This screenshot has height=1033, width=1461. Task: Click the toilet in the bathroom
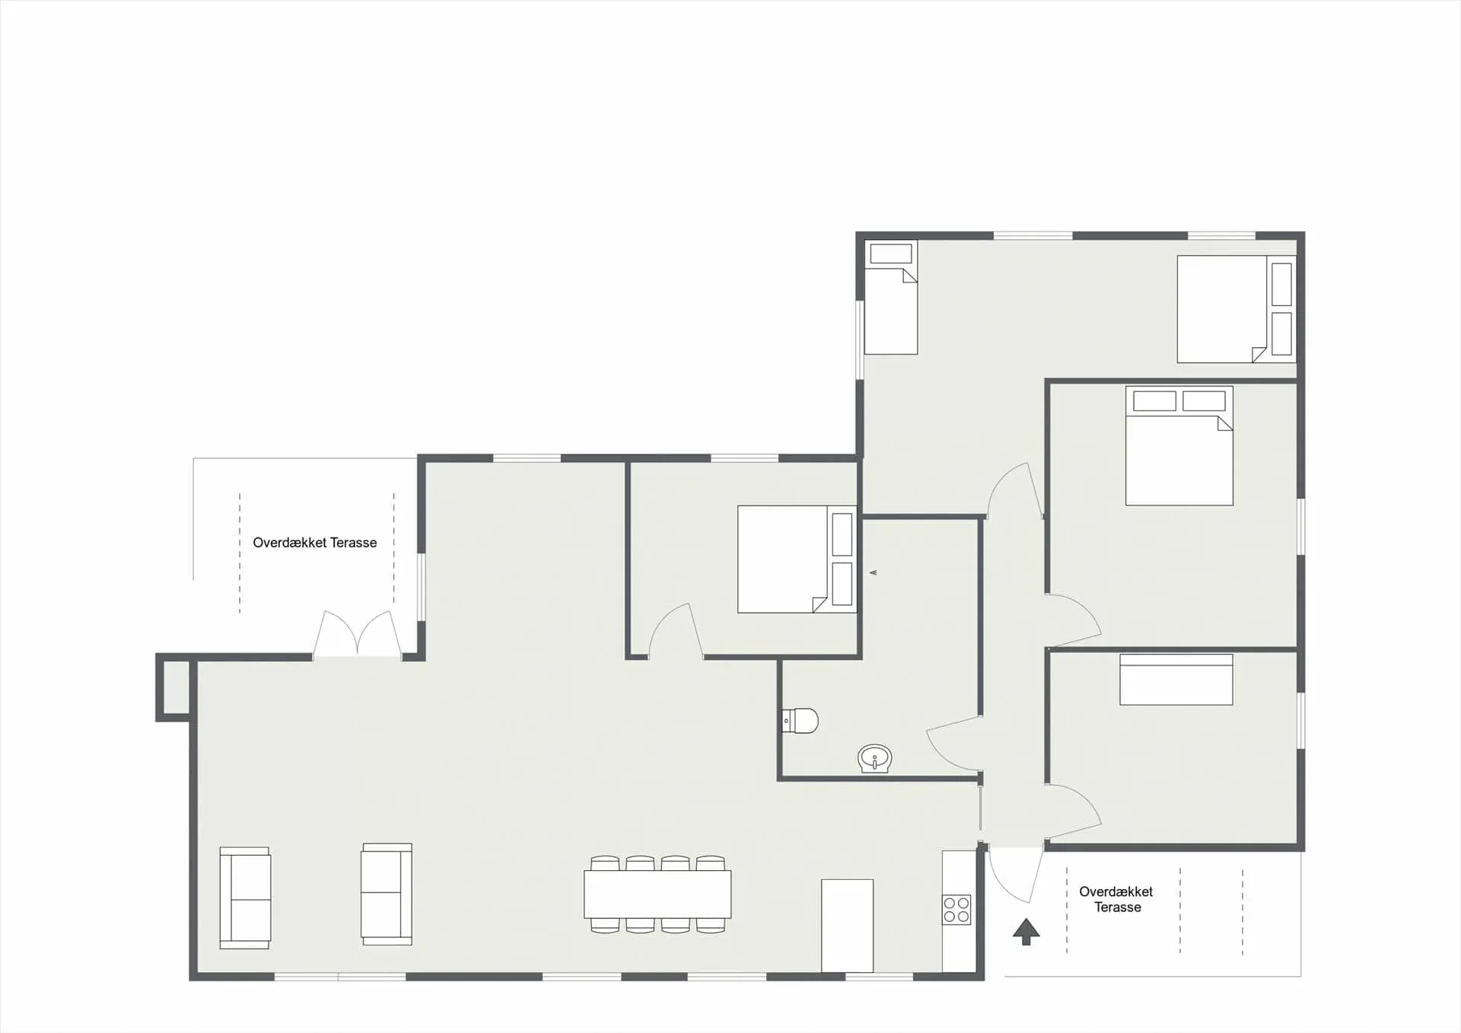pyautogui.click(x=801, y=720)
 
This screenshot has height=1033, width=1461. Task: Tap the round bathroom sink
pyautogui.click(x=874, y=758)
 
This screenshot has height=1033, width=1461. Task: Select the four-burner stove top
pyautogui.click(x=956, y=910)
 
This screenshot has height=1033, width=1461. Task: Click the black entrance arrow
pyautogui.click(x=1026, y=931)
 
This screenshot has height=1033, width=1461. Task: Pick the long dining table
pyautogui.click(x=657, y=894)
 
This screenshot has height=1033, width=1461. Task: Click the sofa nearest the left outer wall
pyautogui.click(x=245, y=898)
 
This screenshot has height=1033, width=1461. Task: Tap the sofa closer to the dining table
pyautogui.click(x=387, y=894)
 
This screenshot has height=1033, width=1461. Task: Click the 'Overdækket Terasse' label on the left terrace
pyautogui.click(x=314, y=543)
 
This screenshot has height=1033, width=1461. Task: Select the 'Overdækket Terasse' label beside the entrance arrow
pyautogui.click(x=1116, y=899)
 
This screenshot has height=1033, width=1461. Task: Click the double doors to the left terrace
pyautogui.click(x=358, y=635)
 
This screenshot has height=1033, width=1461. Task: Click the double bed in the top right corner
pyautogui.click(x=1235, y=309)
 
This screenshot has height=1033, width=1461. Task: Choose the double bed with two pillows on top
pyautogui.click(x=1179, y=446)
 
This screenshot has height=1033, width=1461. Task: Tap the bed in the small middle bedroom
pyautogui.click(x=796, y=560)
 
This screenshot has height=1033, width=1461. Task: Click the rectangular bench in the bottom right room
pyautogui.click(x=1176, y=680)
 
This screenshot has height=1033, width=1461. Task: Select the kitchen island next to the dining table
pyautogui.click(x=847, y=926)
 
